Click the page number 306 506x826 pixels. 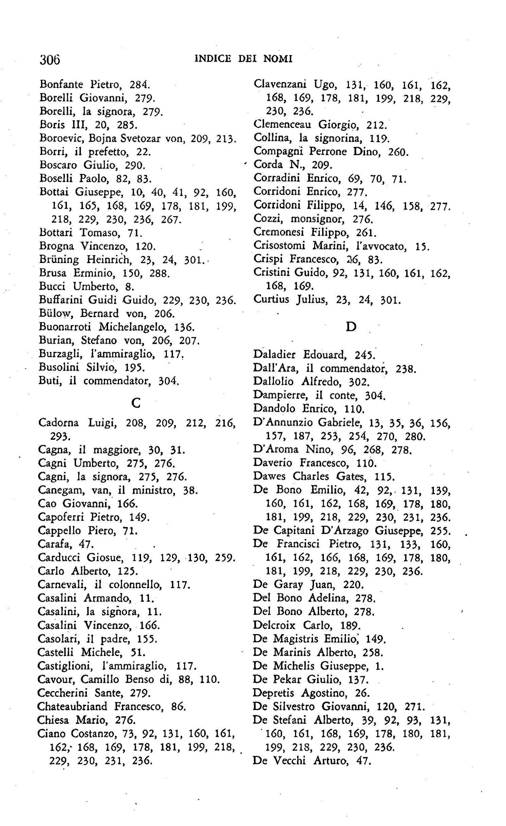click(x=50, y=60)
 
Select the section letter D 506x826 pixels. click(x=351, y=327)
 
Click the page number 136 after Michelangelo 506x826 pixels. click(x=184, y=327)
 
